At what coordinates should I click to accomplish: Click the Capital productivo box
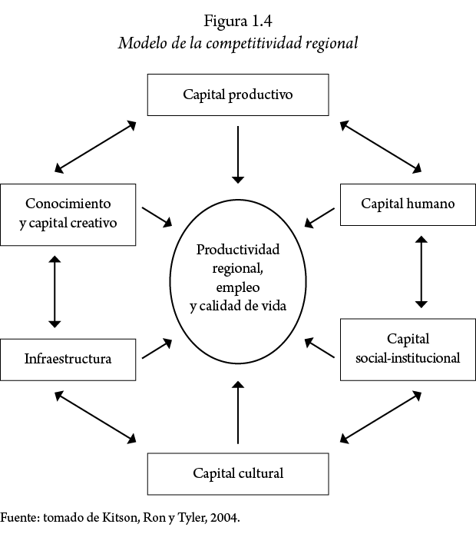pyautogui.click(x=238, y=95)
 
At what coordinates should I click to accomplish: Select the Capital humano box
pyautogui.click(x=408, y=204)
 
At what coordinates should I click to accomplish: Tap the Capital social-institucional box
pyautogui.click(x=408, y=348)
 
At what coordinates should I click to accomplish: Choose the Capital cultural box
pyautogui.click(x=238, y=473)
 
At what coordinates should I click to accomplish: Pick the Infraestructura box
pyautogui.click(x=68, y=359)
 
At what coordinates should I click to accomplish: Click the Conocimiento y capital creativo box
pyautogui.click(x=68, y=214)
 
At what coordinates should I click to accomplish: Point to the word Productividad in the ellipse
pyautogui.click(x=238, y=250)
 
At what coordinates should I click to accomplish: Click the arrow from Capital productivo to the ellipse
pyautogui.click(x=238, y=154)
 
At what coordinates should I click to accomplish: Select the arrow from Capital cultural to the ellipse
pyautogui.click(x=238, y=411)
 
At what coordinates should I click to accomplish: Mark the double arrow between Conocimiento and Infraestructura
pyautogui.click(x=54, y=290)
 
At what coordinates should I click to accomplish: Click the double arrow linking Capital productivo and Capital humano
pyautogui.click(x=382, y=147)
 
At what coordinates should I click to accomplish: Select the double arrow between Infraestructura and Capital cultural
pyautogui.click(x=95, y=417)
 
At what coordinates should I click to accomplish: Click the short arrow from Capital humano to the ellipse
pyautogui.click(x=321, y=217)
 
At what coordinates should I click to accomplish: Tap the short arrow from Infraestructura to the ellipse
pyautogui.click(x=157, y=349)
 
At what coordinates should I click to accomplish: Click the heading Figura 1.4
pyautogui.click(x=238, y=21)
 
